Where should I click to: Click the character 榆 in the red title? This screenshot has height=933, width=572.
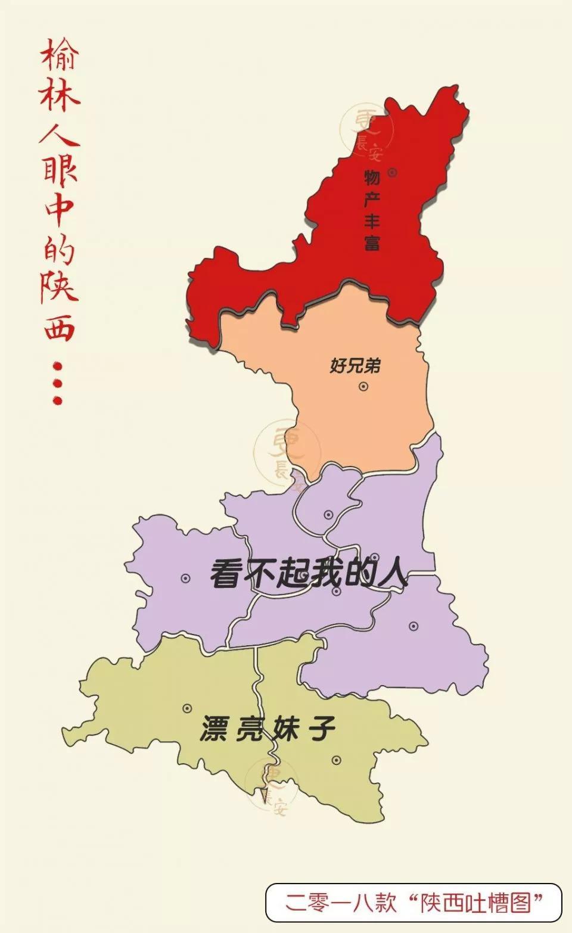coord(60,55)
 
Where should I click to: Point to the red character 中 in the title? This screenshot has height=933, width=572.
coord(60,209)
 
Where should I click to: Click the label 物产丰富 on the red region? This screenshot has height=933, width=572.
coord(372,209)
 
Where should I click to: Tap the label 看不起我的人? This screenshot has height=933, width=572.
coord(309,574)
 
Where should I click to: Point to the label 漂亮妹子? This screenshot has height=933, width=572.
coord(268,729)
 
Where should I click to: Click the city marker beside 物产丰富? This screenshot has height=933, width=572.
coord(392,173)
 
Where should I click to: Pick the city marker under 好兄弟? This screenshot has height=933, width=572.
coord(363,386)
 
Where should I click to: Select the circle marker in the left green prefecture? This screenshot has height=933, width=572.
coord(187,708)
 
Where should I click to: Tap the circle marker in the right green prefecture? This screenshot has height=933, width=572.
coord(336,760)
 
